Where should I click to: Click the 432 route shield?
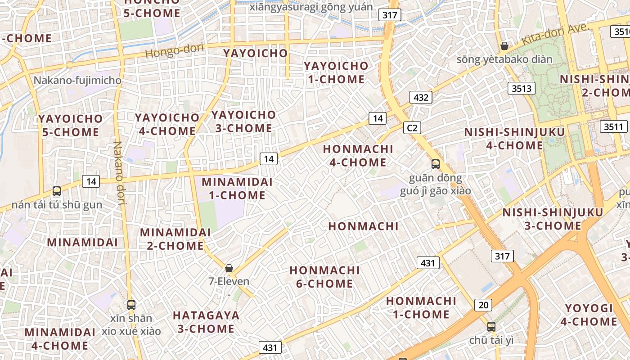(x=421, y=97)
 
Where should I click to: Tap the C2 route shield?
(x=412, y=128)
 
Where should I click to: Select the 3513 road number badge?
(x=522, y=88)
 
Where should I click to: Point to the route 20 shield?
(x=483, y=305)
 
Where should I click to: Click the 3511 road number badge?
(x=613, y=126)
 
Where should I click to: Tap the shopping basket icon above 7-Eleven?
(x=229, y=269)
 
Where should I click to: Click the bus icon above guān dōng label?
(x=435, y=164)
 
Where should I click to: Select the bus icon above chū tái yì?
(x=491, y=327)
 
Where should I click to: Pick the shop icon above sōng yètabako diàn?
(x=504, y=46)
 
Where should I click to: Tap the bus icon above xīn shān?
(x=131, y=305)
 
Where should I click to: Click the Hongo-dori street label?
(x=175, y=50)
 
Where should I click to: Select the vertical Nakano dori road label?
(x=119, y=173)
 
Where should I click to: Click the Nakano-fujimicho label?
(x=77, y=81)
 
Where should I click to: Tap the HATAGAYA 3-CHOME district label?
(x=206, y=322)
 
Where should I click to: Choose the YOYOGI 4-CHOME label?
(x=589, y=315)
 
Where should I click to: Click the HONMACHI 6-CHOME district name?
(x=324, y=277)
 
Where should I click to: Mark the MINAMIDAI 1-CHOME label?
(x=237, y=189)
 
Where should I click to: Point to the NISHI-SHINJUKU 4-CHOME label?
(x=514, y=139)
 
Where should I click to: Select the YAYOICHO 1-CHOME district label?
(x=336, y=72)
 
